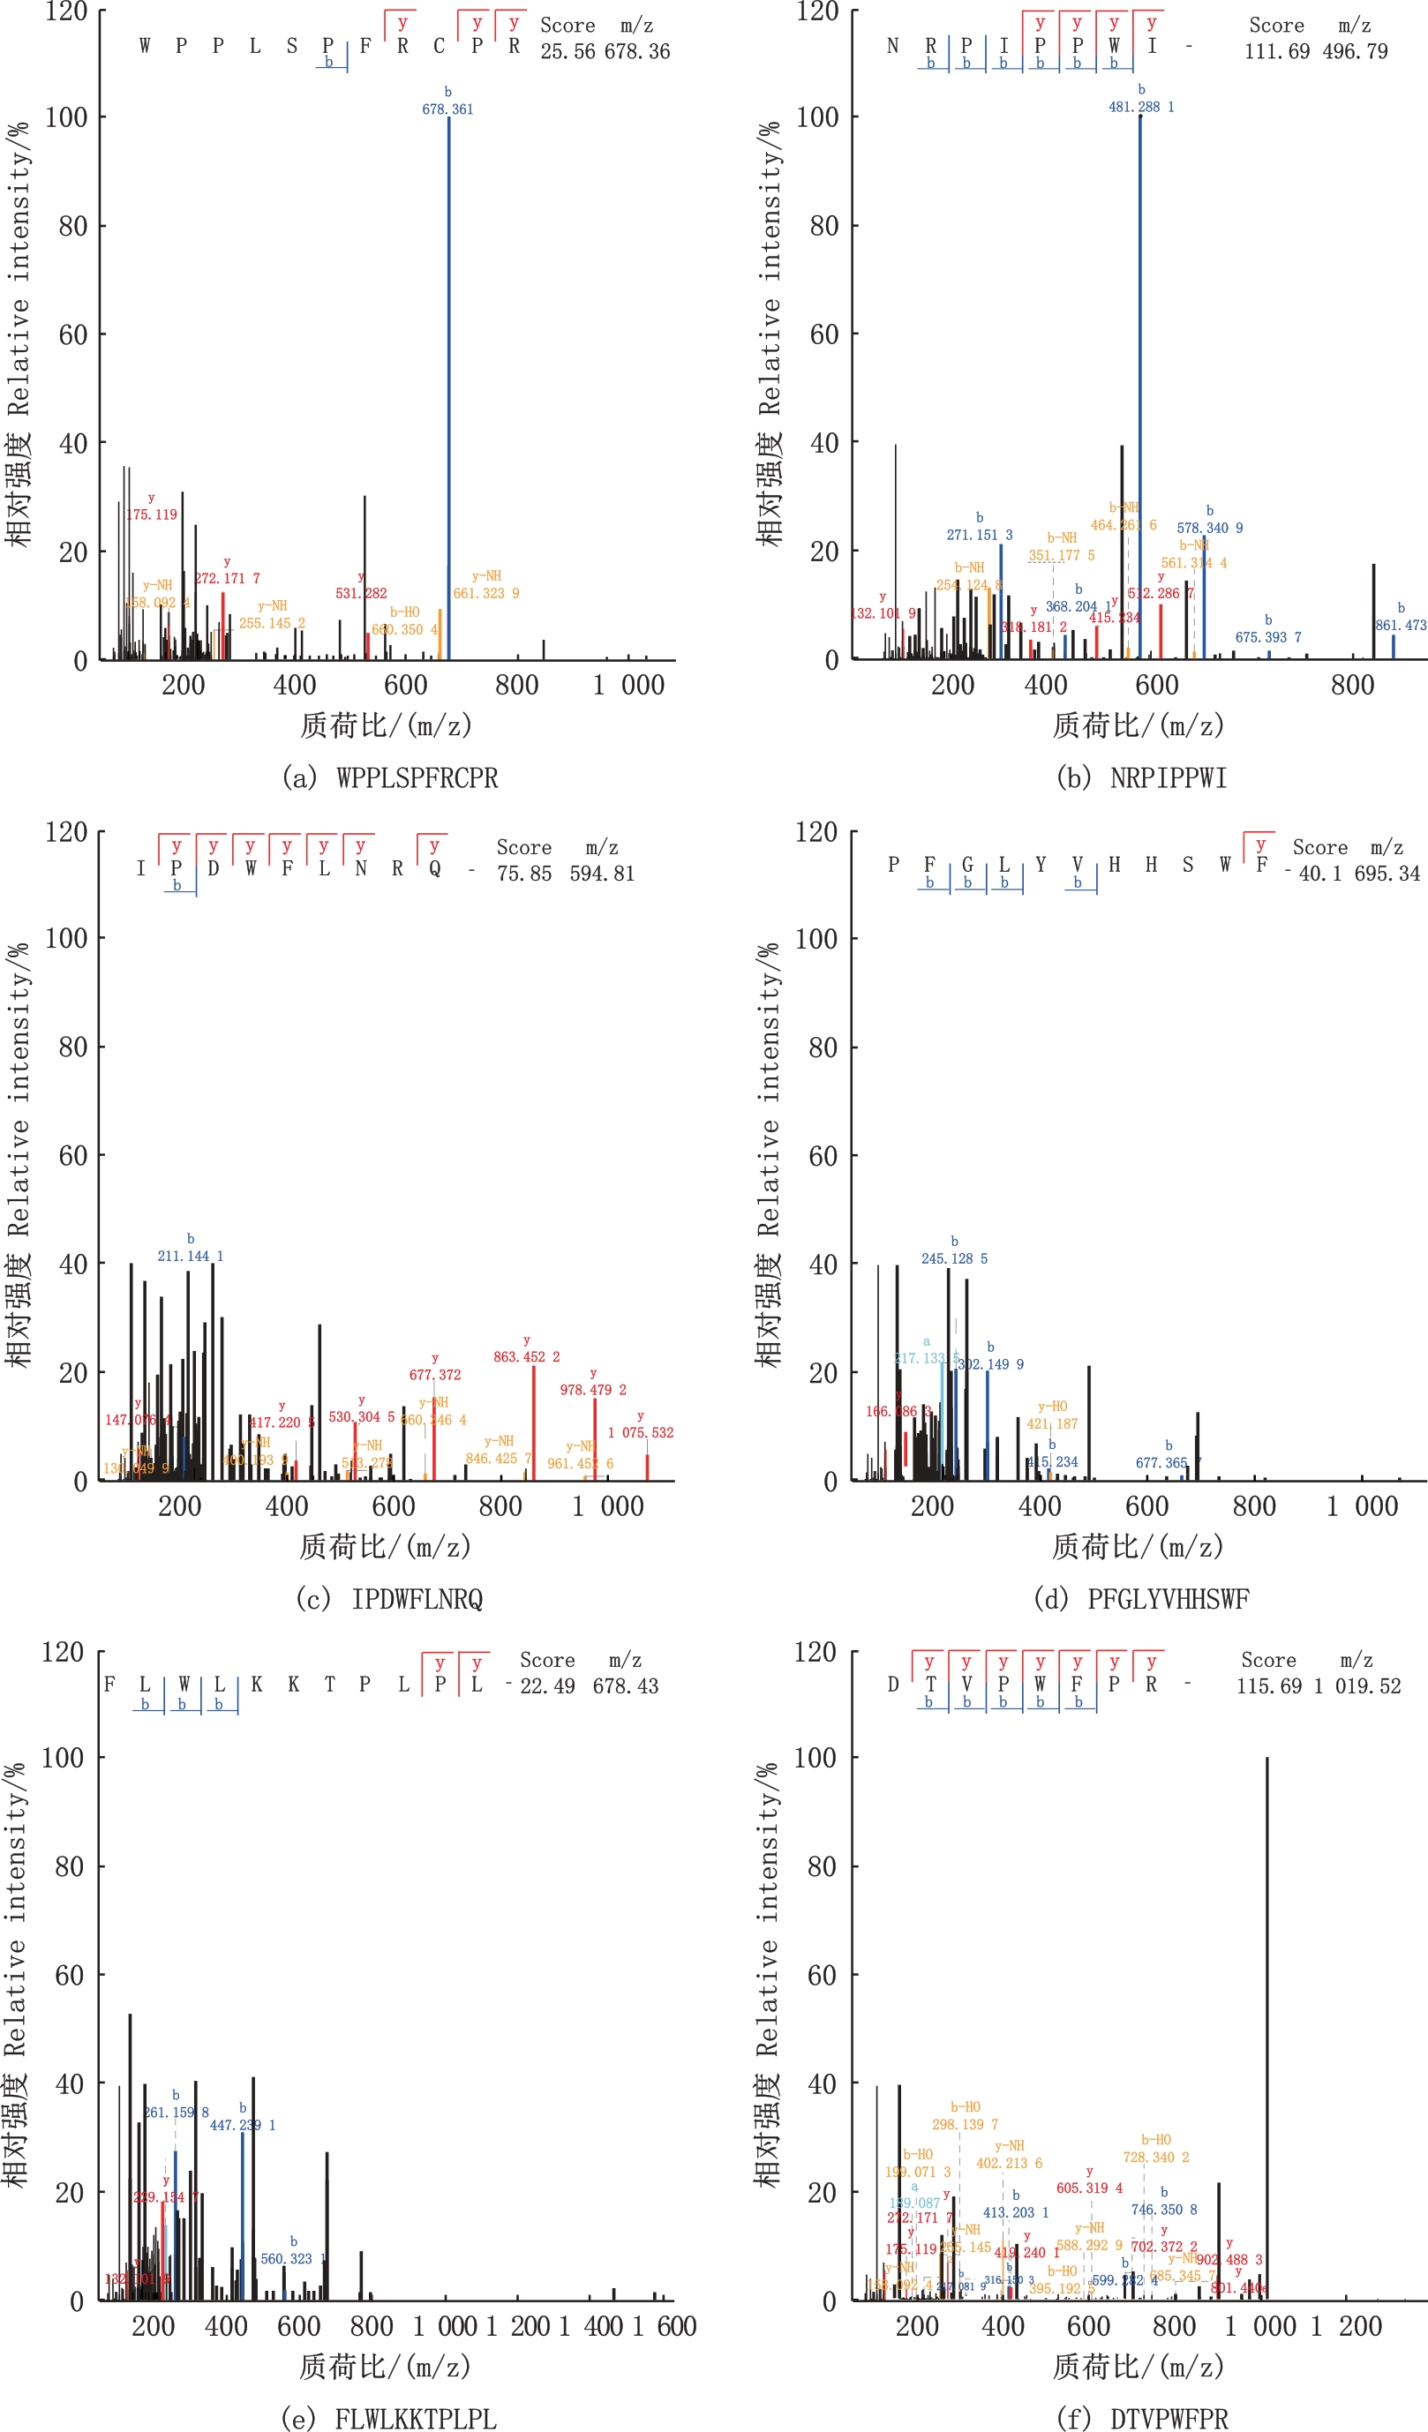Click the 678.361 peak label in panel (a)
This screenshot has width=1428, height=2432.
pyautogui.click(x=447, y=109)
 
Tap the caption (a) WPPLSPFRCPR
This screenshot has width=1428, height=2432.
pyautogui.click(x=390, y=777)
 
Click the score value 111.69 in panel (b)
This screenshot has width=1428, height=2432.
pyautogui.click(x=1276, y=51)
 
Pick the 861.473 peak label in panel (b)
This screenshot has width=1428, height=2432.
pyautogui.click(x=1400, y=626)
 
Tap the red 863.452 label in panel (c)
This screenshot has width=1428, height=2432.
pyautogui.click(x=526, y=1356)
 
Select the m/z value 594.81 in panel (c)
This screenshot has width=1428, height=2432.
pyautogui.click(x=602, y=873)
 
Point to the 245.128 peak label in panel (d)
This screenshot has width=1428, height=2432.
pyautogui.click(x=954, y=1258)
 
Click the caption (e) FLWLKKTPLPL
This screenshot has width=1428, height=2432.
pyautogui.click(x=389, y=2418)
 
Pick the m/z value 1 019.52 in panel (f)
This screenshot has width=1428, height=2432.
pyautogui.click(x=1357, y=1685)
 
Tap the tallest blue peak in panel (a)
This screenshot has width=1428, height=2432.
pyautogui.click(x=449, y=386)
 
